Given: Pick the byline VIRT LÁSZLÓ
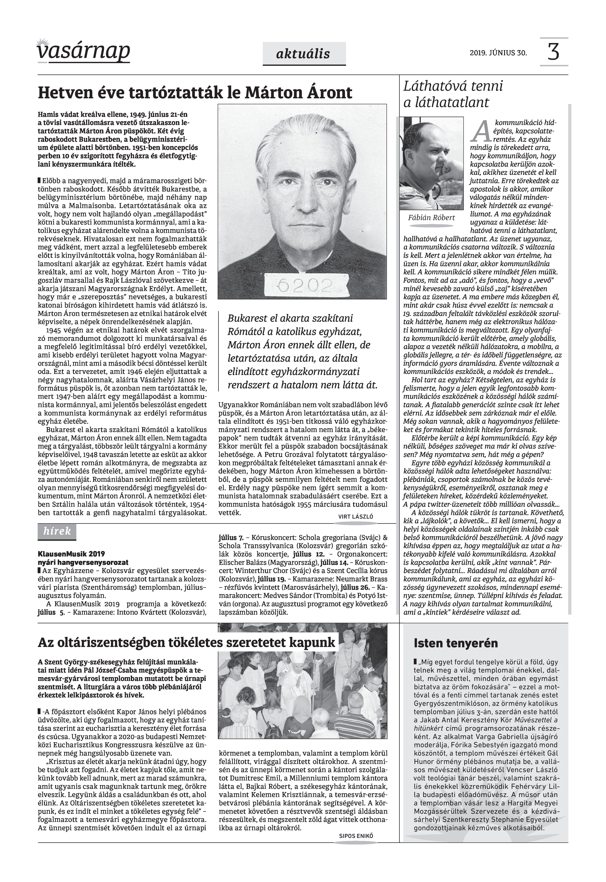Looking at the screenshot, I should point(355,517).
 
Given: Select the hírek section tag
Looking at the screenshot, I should point(57,531).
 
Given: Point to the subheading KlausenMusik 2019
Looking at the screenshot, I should point(71,554).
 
